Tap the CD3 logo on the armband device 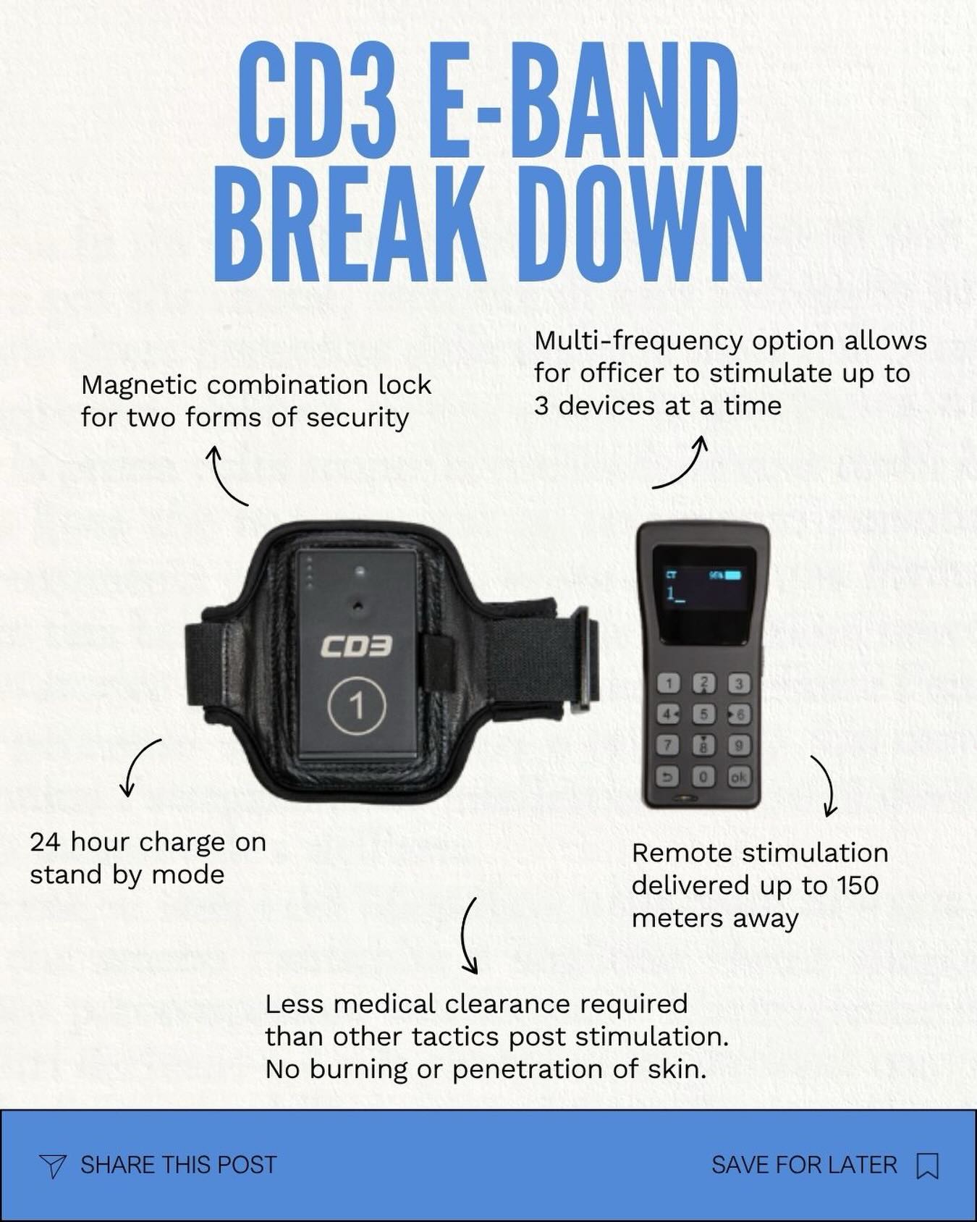tap(357, 646)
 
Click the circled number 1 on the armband tap(357, 706)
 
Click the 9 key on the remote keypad tap(738, 745)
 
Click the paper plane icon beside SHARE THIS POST tap(53, 1165)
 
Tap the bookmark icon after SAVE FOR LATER tap(927, 1165)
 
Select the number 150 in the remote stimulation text tap(857, 885)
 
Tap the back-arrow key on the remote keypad tap(669, 777)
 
